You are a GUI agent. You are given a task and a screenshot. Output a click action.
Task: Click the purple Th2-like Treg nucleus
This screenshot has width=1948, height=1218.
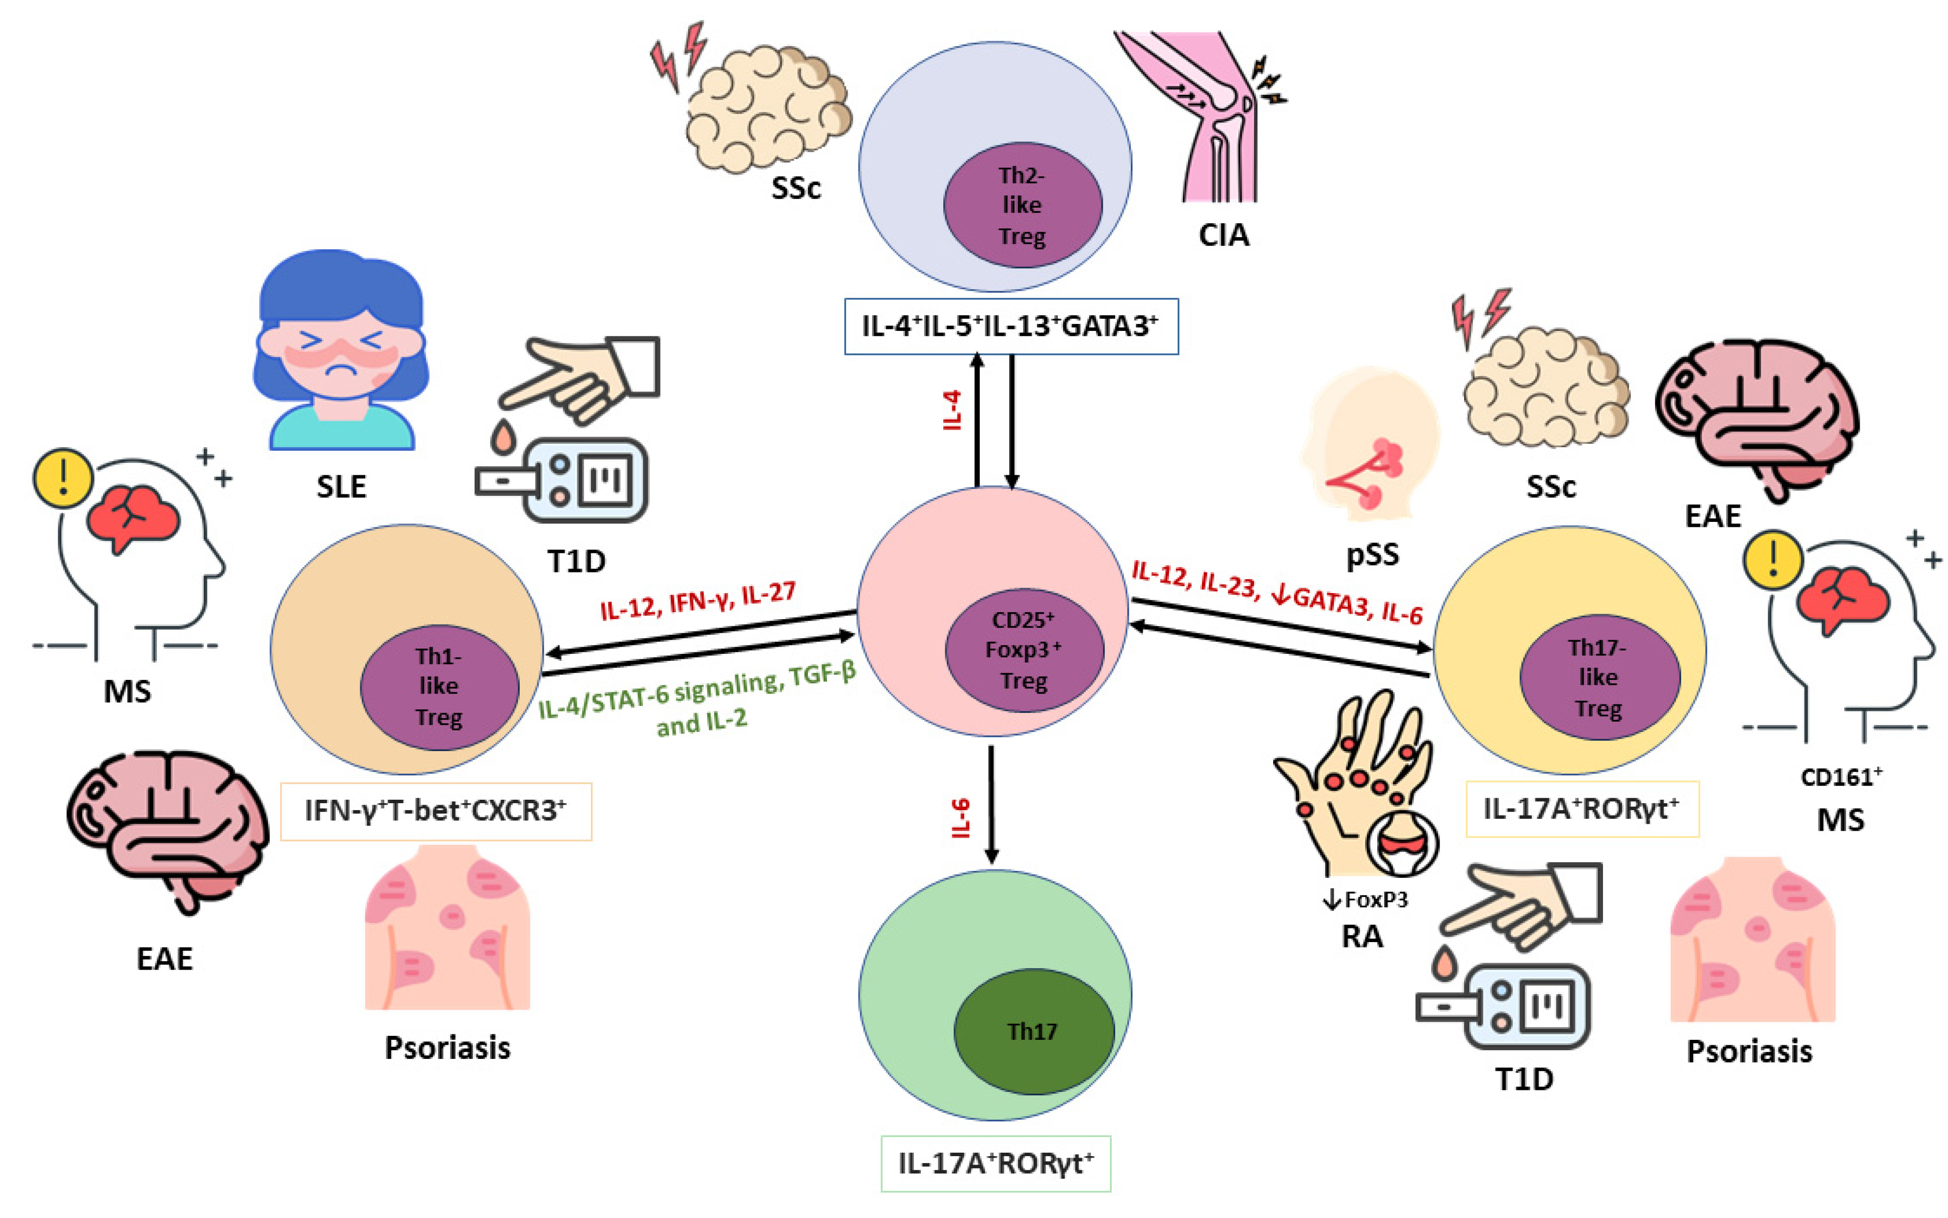click(x=1022, y=205)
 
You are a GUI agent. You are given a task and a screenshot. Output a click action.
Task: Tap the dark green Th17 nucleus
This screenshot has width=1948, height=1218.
click(x=1033, y=1030)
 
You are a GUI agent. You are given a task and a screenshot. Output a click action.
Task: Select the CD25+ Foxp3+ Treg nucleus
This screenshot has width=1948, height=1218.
click(x=1023, y=650)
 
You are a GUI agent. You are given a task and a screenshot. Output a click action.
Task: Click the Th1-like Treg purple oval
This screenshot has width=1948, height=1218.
click(x=439, y=686)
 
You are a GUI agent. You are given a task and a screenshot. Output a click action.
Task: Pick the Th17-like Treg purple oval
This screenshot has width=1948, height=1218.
click(x=1599, y=677)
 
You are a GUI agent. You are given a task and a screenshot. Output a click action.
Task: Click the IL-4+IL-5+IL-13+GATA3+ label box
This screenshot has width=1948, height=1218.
click(x=1011, y=326)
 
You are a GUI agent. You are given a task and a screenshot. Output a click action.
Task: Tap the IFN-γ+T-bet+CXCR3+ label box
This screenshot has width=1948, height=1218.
click(x=436, y=811)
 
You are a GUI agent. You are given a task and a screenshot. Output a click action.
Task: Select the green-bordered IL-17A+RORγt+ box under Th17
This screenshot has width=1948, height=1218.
click(x=995, y=1163)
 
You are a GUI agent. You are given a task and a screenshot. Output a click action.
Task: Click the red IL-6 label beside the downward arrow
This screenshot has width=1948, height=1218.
click(x=961, y=818)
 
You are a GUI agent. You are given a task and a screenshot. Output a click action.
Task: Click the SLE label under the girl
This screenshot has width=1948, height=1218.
click(x=341, y=487)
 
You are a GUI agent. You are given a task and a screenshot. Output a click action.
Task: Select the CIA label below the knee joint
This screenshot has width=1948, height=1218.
click(x=1223, y=235)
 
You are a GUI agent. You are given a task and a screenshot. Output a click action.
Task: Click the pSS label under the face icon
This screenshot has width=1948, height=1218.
click(x=1372, y=554)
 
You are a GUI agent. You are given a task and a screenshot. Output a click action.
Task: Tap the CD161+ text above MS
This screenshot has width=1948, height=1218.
click(x=1841, y=777)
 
